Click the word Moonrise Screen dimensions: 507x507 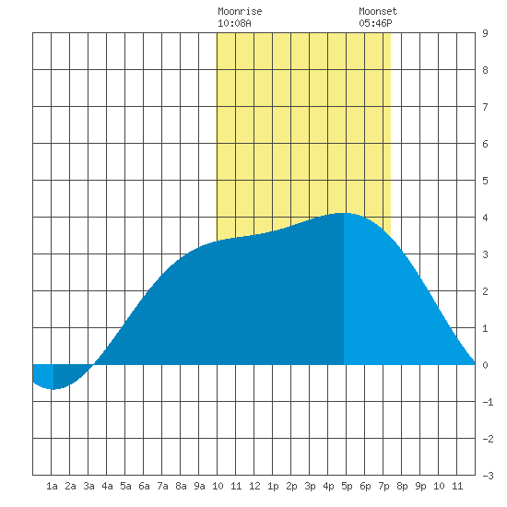pos(240,11)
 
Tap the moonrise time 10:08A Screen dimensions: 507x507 pos(234,23)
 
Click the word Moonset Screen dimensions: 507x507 pos(378,11)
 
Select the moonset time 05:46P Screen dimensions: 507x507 pos(375,23)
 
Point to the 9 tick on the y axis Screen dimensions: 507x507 pos(485,33)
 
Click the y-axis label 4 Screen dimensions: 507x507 pos(485,218)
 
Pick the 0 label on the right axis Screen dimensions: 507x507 pos(485,365)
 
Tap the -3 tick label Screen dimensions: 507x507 pos(488,476)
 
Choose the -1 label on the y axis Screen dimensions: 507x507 pos(488,402)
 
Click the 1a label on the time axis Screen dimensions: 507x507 pos(52,486)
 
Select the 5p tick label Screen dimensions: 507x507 pos(347,486)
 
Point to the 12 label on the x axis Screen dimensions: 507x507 pos(254,486)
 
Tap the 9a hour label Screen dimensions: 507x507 pos(199,486)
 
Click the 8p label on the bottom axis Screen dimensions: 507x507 pos(402,486)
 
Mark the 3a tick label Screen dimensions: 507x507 pos(88,486)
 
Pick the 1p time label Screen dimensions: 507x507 pos(273,486)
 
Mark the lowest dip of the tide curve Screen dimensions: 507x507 pos(53,389)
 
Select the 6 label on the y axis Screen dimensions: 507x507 pos(485,144)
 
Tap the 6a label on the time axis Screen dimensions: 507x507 pos(144,486)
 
